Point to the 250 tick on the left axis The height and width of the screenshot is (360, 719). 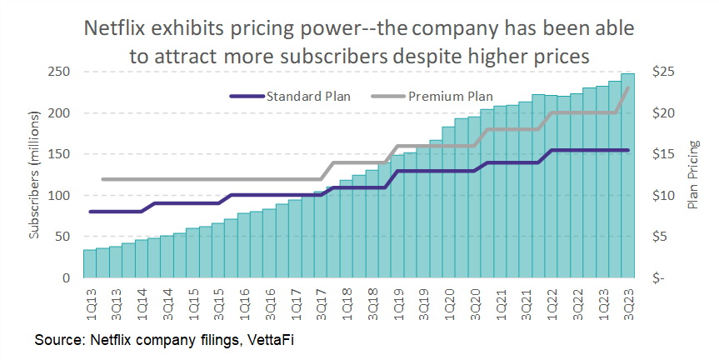tap(57, 72)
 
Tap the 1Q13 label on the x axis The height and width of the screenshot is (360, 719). tap(90, 302)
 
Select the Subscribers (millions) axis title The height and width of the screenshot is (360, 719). tap(35, 176)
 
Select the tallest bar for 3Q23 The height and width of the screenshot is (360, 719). tap(627, 175)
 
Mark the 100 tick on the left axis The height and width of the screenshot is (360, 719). tap(57, 196)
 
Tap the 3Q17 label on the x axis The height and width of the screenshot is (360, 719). tap(321, 302)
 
